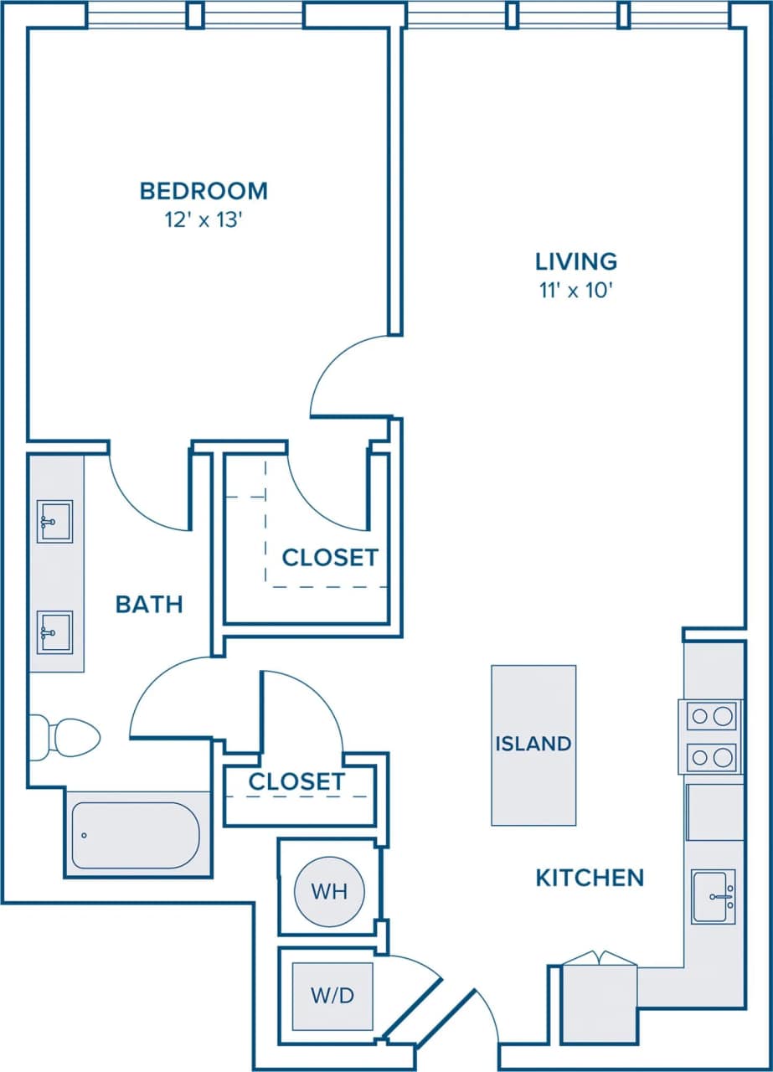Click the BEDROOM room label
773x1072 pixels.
[204, 191]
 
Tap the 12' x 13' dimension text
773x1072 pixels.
[204, 221]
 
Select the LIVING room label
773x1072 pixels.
[576, 261]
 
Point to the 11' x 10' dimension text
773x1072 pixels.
[576, 291]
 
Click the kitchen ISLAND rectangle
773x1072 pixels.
[533, 745]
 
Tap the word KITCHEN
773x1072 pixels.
[590, 878]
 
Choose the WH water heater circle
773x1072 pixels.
[329, 891]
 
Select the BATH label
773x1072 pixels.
[149, 604]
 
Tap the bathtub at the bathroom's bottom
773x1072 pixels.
[136, 835]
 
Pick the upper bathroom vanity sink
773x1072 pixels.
[55, 522]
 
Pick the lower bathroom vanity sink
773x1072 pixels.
[55, 631]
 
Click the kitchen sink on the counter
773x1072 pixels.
[714, 896]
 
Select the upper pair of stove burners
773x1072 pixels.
[711, 716]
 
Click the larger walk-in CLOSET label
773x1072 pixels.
[330, 558]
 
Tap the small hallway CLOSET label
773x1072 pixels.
[296, 782]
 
